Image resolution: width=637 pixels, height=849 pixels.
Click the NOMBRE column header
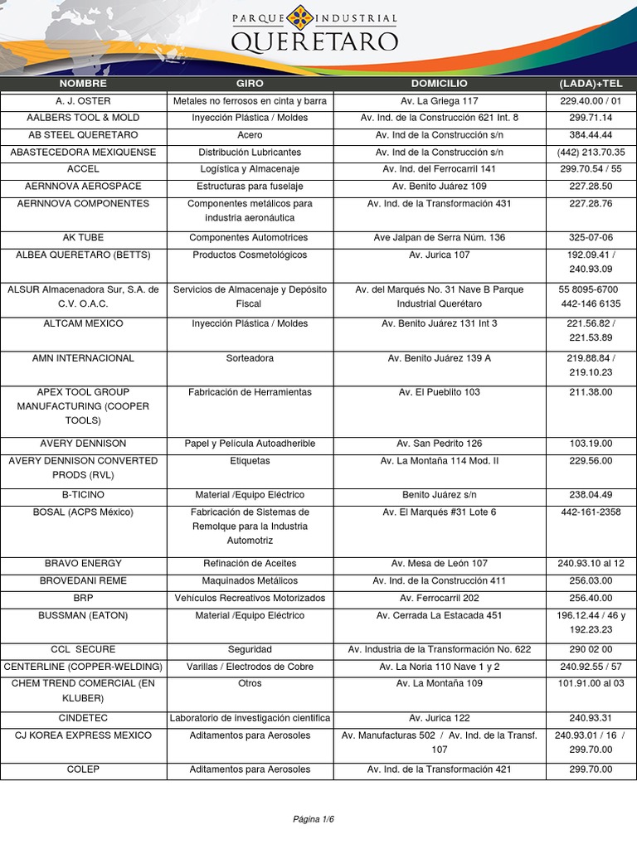pyautogui.click(x=83, y=84)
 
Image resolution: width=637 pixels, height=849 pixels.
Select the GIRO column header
pyautogui.click(x=250, y=84)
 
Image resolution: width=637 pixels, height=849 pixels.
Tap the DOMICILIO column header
pyautogui.click(x=439, y=84)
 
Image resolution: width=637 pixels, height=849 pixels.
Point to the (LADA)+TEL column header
pyautogui.click(x=591, y=84)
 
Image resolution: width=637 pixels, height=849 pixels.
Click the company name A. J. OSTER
pyautogui.click(x=83, y=101)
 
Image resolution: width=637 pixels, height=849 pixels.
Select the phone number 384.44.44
pyautogui.click(x=591, y=135)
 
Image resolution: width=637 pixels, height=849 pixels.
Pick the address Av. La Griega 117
pyautogui.click(x=439, y=101)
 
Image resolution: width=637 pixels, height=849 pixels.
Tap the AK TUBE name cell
pyautogui.click(x=83, y=238)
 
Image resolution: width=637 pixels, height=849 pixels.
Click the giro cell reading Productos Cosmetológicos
pyautogui.click(x=250, y=255)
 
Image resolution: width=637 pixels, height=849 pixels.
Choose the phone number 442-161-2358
pyautogui.click(x=591, y=512)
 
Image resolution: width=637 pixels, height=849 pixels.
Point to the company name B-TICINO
pyautogui.click(x=83, y=495)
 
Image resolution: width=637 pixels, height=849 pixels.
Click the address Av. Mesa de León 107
pyautogui.click(x=439, y=564)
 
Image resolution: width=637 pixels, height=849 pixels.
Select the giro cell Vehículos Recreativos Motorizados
pyautogui.click(x=250, y=598)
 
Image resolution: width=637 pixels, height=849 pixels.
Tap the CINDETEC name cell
pyautogui.click(x=83, y=718)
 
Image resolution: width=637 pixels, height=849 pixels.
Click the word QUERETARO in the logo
pyautogui.click(x=314, y=41)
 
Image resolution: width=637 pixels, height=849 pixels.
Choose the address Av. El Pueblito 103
pyautogui.click(x=439, y=392)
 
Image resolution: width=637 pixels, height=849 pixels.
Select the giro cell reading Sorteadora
pyautogui.click(x=250, y=358)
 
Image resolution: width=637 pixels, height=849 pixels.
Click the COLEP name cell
pyautogui.click(x=83, y=769)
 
